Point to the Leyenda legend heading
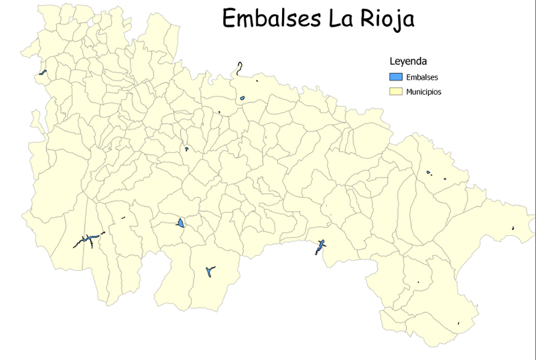click(x=409, y=61)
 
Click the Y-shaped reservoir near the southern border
click(x=210, y=271)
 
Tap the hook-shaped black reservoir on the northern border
click(x=239, y=68)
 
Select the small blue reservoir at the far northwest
click(x=43, y=72)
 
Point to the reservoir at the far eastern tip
click(x=513, y=229)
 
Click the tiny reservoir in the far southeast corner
click(x=458, y=324)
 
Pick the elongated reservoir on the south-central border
click(x=320, y=247)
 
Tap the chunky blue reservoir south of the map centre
click(x=180, y=223)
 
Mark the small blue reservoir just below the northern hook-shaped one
click(x=242, y=99)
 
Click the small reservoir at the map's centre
click(x=186, y=149)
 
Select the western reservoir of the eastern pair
click(x=428, y=172)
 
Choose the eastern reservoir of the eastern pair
click(x=445, y=178)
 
